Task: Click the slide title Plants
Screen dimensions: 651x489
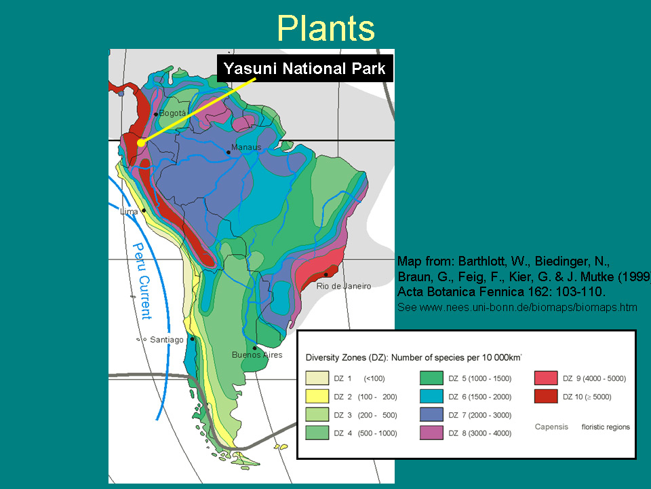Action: (325, 29)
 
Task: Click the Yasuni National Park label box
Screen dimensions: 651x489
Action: (305, 68)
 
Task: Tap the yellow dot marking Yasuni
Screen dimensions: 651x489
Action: (141, 143)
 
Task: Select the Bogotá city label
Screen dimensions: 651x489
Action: (172, 113)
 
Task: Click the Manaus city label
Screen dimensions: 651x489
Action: (246, 147)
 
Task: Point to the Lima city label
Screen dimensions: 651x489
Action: (129, 211)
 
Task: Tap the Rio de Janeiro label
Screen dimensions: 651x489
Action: (344, 286)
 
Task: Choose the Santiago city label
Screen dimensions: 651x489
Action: (167, 340)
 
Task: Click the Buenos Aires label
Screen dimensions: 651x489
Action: (257, 355)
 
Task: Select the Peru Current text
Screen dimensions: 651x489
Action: (142, 281)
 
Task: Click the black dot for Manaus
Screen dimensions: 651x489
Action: (229, 152)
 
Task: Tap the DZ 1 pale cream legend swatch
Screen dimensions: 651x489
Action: (317, 378)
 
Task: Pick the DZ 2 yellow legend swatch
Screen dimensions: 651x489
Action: (317, 396)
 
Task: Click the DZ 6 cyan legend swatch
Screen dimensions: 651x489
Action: (431, 396)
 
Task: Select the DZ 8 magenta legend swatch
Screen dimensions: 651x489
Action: (431, 433)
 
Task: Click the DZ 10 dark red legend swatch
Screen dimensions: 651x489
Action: (546, 396)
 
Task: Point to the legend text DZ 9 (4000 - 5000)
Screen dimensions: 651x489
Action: (594, 378)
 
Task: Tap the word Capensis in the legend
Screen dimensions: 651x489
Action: (551, 427)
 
